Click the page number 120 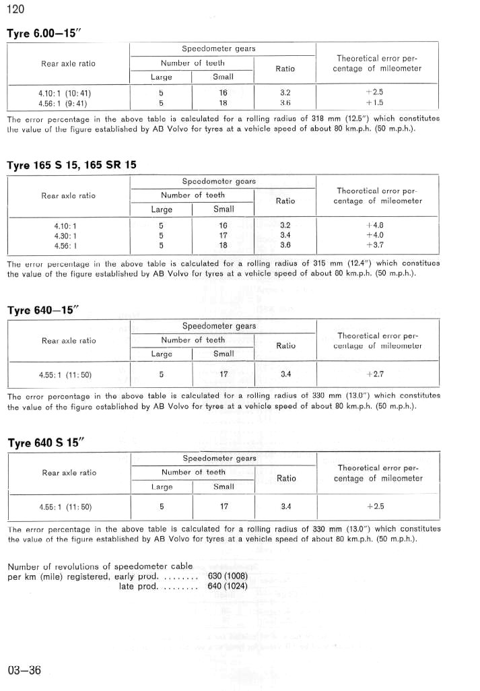coord(15,9)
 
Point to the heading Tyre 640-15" coord(43,310)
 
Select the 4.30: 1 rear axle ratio coord(66,235)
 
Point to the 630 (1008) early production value coord(228,576)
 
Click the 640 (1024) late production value coord(228,586)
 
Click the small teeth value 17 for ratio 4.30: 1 coord(224,235)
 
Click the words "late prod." coord(137,586)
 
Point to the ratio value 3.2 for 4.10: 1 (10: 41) coord(285,93)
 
